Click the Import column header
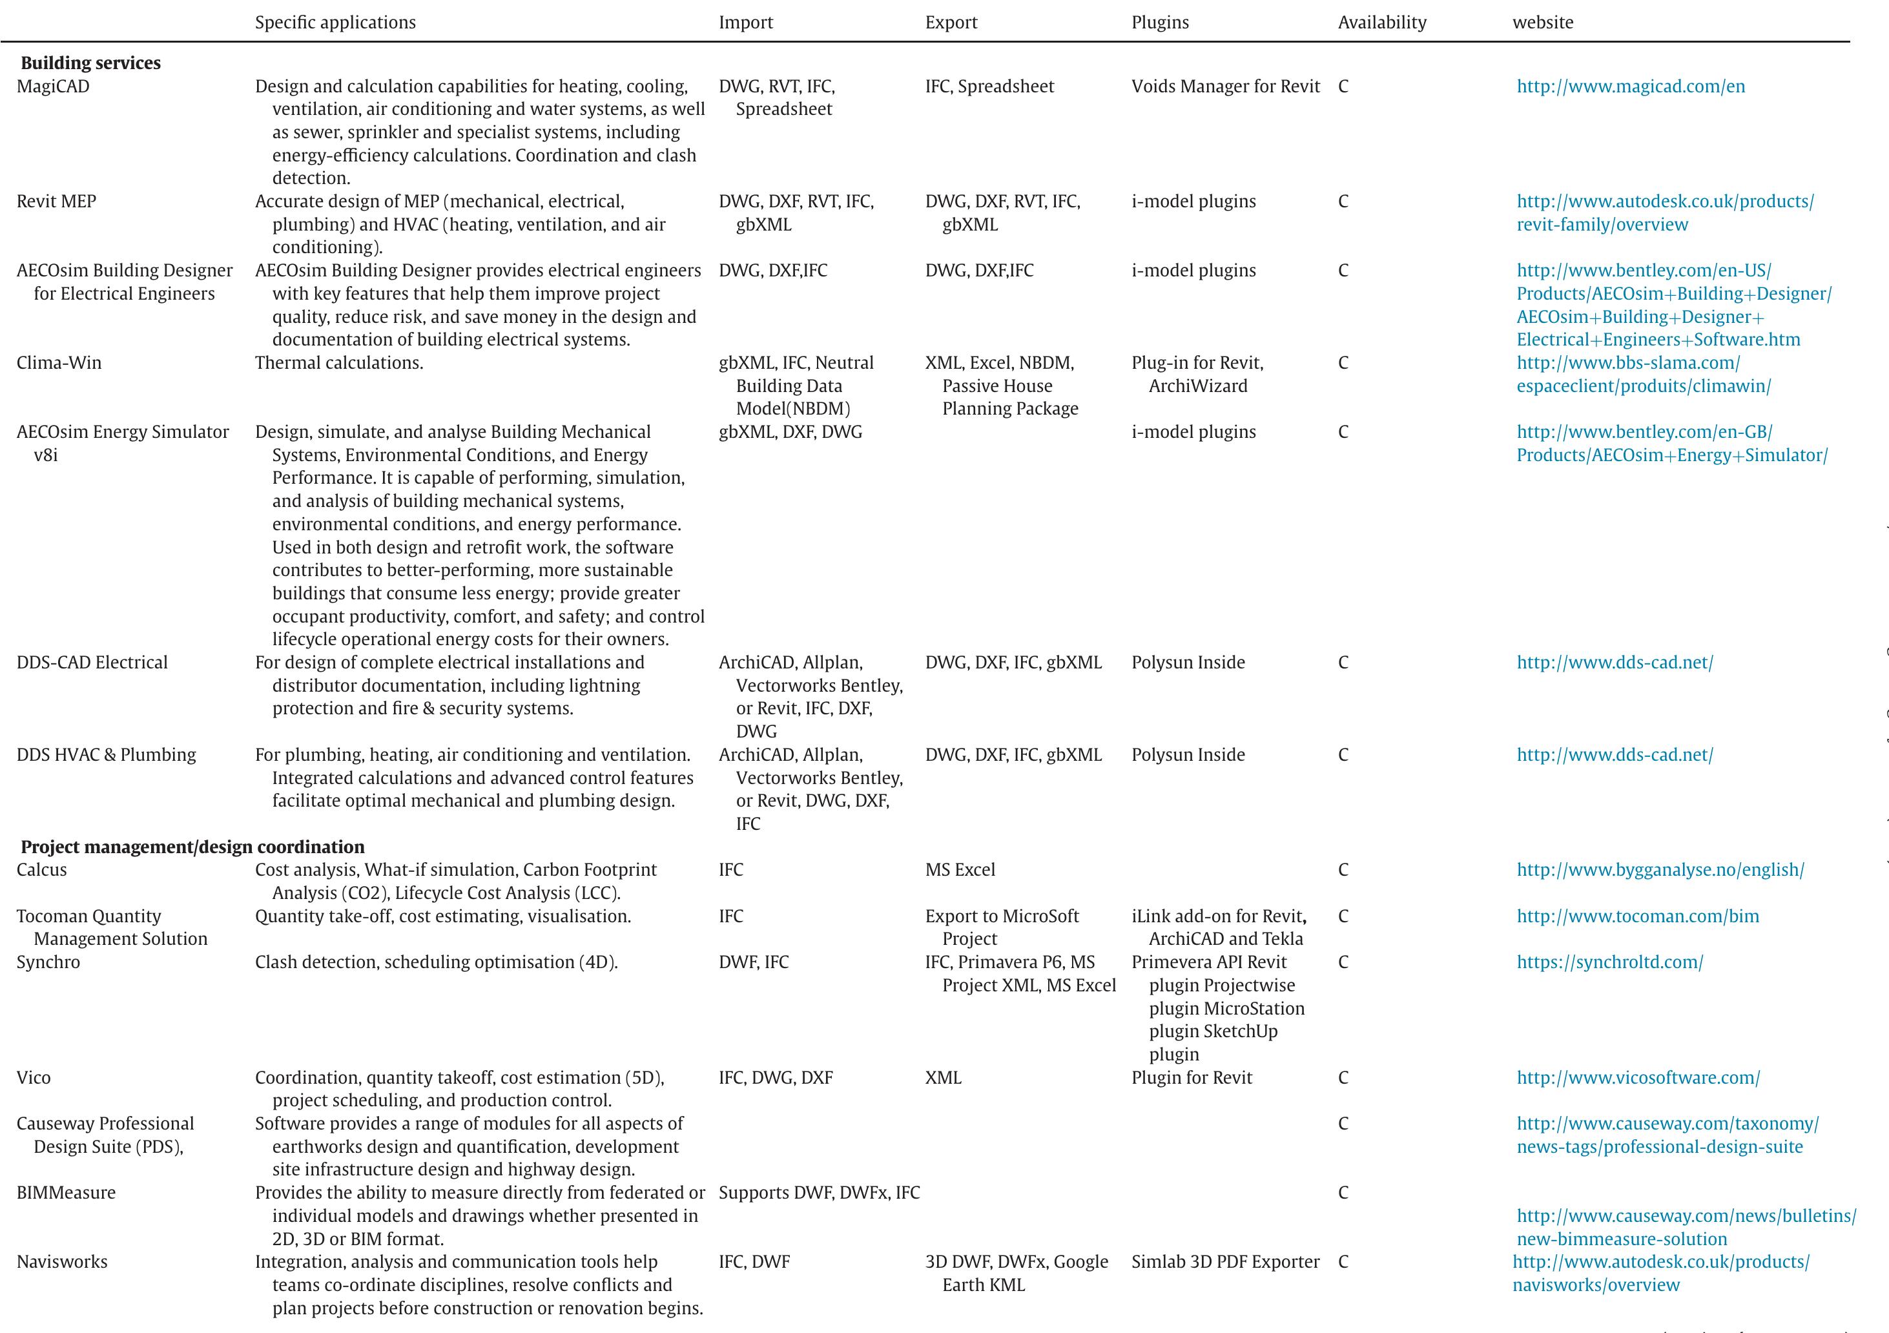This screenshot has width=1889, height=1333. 745,22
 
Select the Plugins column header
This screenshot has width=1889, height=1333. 1159,22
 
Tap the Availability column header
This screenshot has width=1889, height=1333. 1381,22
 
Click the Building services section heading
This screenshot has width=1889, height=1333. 90,63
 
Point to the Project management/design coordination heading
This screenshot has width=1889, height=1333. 192,847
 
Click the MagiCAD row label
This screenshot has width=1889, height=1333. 53,87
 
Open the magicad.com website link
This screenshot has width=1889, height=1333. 1630,87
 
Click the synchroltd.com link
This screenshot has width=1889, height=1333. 1609,962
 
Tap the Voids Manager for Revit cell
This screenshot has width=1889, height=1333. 1225,87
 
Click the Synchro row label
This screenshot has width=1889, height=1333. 48,962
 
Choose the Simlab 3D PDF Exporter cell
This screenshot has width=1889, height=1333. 1225,1261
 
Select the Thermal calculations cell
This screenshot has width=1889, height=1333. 339,363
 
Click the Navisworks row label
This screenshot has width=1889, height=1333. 62,1261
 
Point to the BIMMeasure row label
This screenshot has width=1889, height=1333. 66,1192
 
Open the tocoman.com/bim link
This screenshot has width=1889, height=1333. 1637,916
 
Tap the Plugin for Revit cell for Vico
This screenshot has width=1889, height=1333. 1192,1077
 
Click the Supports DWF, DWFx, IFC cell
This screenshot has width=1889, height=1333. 819,1192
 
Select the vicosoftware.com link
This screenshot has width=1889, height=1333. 1637,1077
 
